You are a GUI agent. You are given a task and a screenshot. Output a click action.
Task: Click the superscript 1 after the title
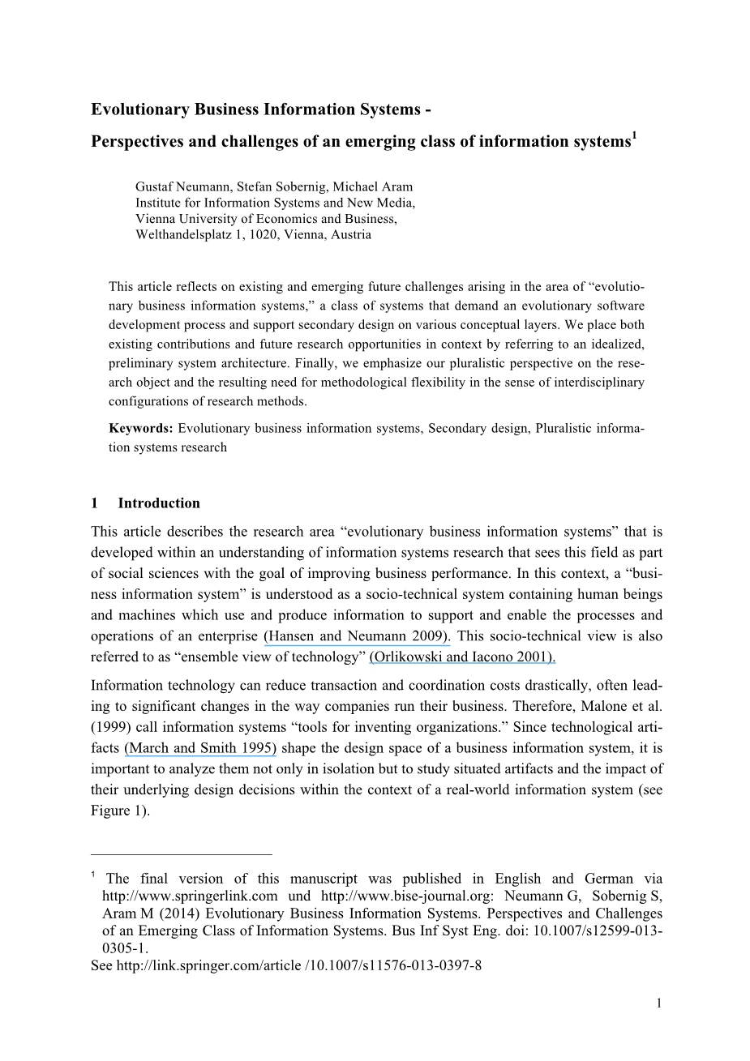[x=634, y=135]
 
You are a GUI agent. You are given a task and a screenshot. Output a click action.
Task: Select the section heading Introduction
[x=159, y=503]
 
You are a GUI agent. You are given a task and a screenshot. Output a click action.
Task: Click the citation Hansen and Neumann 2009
[x=357, y=636]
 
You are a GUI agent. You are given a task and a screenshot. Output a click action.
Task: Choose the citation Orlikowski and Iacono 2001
[x=462, y=657]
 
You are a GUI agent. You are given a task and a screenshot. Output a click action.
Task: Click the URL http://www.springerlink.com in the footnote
[x=190, y=896]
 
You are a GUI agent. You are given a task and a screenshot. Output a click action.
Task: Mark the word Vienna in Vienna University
[x=154, y=219]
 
